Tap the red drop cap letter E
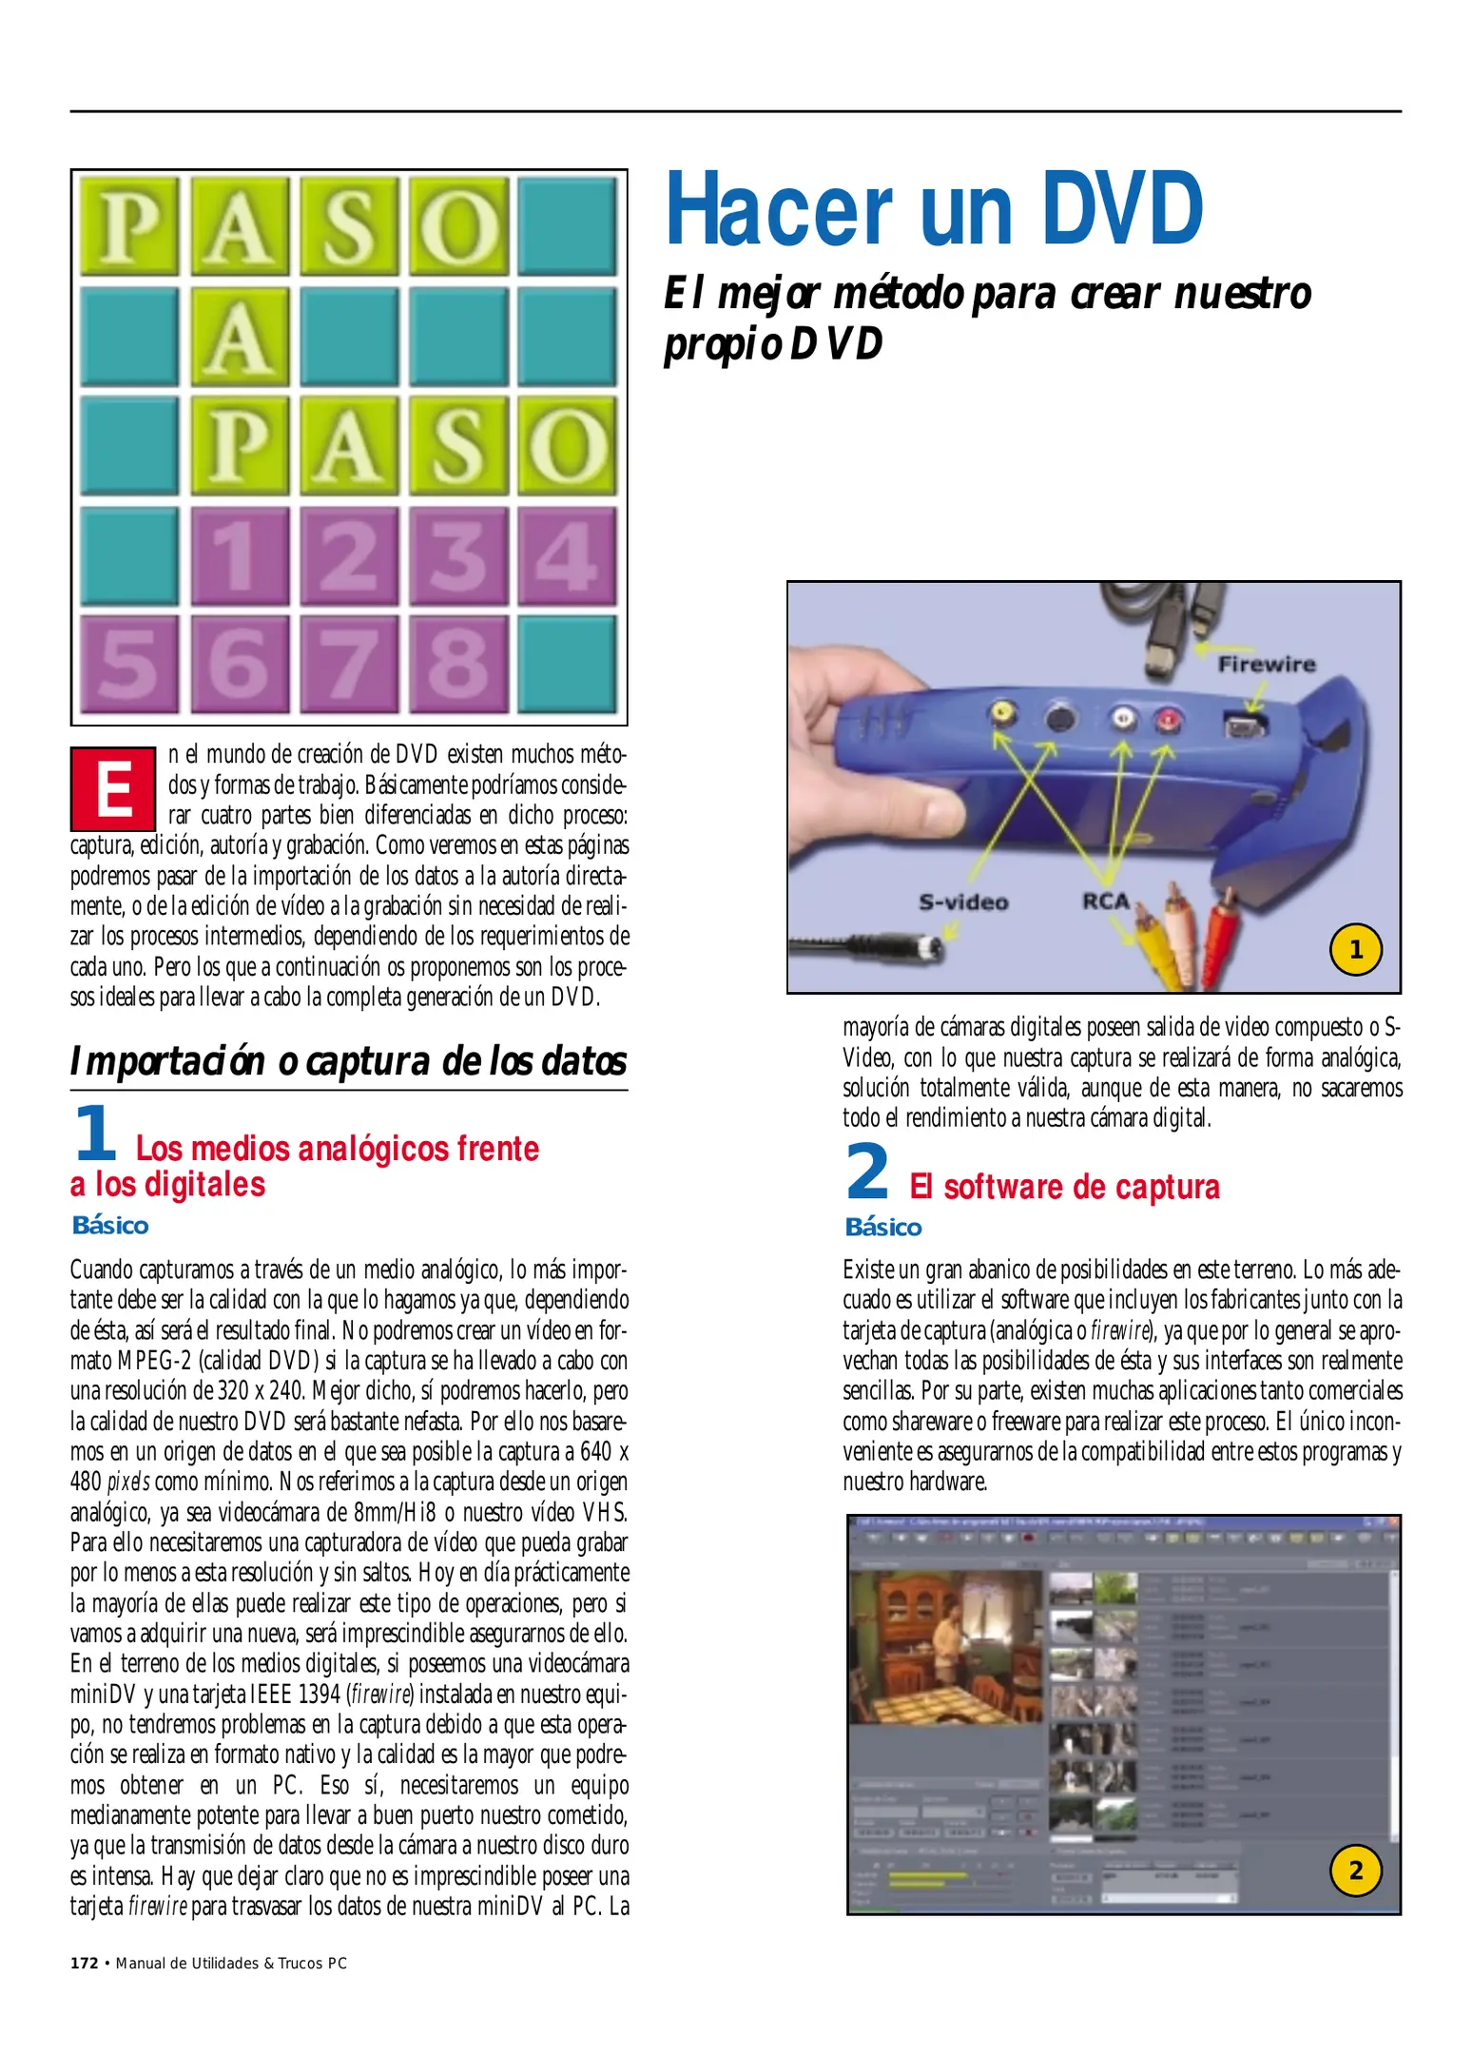pyautogui.click(x=113, y=789)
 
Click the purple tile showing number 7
pyautogui.click(x=348, y=664)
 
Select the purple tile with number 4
pyautogui.click(x=567, y=556)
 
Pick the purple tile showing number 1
pyautogui.click(x=240, y=556)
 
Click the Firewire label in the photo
pyautogui.click(x=1267, y=665)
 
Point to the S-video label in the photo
pyautogui.click(x=963, y=901)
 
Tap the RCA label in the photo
pyautogui.click(x=1106, y=901)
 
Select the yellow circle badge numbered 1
pyautogui.click(x=1355, y=949)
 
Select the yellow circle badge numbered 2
pyautogui.click(x=1355, y=1870)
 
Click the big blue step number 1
pyautogui.click(x=94, y=1134)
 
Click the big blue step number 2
pyautogui.click(x=867, y=1172)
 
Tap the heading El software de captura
pyautogui.click(x=1064, y=1187)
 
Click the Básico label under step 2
pyautogui.click(x=882, y=1228)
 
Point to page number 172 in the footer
pyautogui.click(x=85, y=1963)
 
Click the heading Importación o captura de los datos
pyautogui.click(x=348, y=1061)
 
